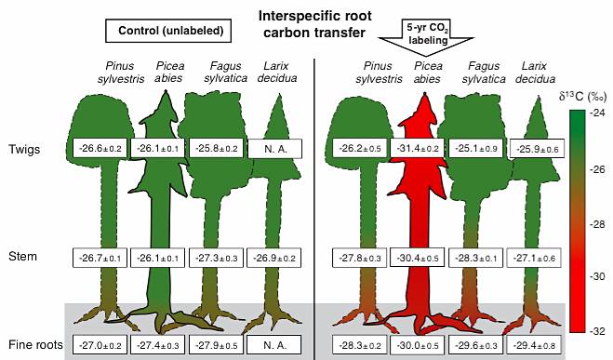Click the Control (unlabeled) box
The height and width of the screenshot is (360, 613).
point(168,31)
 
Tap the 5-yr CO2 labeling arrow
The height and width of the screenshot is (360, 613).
point(426,36)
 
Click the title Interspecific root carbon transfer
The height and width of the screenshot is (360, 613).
point(314,24)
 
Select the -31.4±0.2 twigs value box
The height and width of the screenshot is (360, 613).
point(417,149)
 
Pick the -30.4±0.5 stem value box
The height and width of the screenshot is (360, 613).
point(417,258)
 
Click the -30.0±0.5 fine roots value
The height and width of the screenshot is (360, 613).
point(417,345)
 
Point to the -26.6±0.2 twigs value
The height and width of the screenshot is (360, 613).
point(100,149)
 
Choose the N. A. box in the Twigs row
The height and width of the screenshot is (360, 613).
point(274,149)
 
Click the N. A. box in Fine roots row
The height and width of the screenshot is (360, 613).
point(274,345)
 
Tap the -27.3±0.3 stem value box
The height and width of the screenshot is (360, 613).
point(216,258)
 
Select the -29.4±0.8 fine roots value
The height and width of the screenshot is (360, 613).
point(534,345)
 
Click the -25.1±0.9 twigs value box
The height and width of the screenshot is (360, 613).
point(475,149)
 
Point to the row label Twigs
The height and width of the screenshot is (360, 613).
point(24,150)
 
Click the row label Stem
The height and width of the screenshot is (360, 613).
point(22,257)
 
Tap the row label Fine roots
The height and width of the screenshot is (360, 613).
point(35,345)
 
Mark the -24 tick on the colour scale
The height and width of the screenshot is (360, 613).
point(597,113)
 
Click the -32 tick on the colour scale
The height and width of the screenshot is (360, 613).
point(597,331)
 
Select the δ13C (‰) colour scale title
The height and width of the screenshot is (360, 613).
point(582,96)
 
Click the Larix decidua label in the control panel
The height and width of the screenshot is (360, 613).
point(277,72)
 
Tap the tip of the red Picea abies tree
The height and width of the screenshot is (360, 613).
point(425,94)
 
